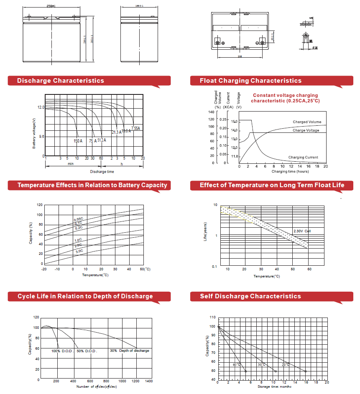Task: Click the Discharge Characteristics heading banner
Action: pyautogui.click(x=61, y=81)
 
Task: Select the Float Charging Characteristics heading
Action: pyautogui.click(x=250, y=81)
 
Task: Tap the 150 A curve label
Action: pyautogui.click(x=78, y=141)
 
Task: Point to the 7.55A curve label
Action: pyautogui.click(x=135, y=128)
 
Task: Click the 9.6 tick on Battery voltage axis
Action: pyautogui.click(x=41, y=137)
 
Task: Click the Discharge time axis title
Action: pyautogui.click(x=102, y=172)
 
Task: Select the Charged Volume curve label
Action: pyautogui.click(x=307, y=122)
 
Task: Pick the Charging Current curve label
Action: pyautogui.click(x=303, y=158)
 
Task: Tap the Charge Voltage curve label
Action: pyautogui.click(x=306, y=130)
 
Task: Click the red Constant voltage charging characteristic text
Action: pyautogui.click(x=285, y=98)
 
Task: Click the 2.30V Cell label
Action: pyautogui.click(x=302, y=231)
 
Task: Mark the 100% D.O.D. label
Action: pyautogui.click(x=62, y=351)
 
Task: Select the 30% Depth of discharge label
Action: pyautogui.click(x=129, y=351)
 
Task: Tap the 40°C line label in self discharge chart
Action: pyautogui.click(x=236, y=365)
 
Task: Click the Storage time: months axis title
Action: pyautogui.click(x=275, y=386)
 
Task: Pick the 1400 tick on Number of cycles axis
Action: pyautogui.click(x=148, y=381)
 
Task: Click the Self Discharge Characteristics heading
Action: pyautogui.click(x=250, y=296)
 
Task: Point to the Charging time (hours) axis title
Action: pyautogui.click(x=290, y=171)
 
